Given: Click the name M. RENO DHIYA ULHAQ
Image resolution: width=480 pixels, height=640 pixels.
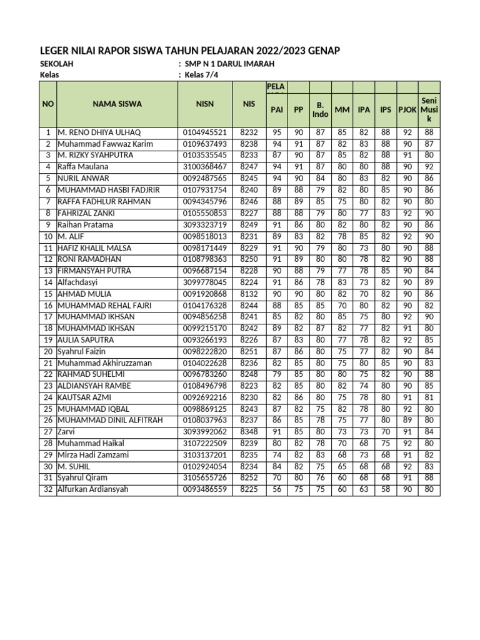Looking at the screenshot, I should pos(100,133).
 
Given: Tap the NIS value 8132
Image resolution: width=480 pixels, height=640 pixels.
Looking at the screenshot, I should pos(249,294).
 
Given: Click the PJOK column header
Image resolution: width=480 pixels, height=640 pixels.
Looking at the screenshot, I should pos(407,110).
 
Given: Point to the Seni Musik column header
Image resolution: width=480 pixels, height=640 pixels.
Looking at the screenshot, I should pos(429,109).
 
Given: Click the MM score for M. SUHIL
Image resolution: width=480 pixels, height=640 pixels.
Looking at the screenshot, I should pos(342,466).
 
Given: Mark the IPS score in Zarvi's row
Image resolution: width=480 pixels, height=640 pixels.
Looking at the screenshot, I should pos(386,431).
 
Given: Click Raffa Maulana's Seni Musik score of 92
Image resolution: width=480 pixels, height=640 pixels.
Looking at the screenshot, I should pos(429,167).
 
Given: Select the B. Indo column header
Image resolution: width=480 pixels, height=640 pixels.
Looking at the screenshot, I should pos(320,110).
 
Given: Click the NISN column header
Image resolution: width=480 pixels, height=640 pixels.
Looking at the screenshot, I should pos(204,104).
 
